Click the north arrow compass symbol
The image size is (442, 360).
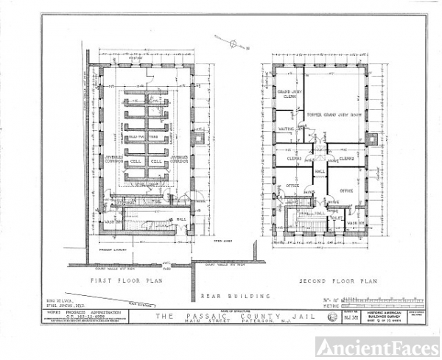[x=233, y=43]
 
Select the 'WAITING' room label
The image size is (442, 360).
[x=287, y=129]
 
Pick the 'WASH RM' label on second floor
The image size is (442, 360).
[x=355, y=223]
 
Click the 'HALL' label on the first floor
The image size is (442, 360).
[x=181, y=218]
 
